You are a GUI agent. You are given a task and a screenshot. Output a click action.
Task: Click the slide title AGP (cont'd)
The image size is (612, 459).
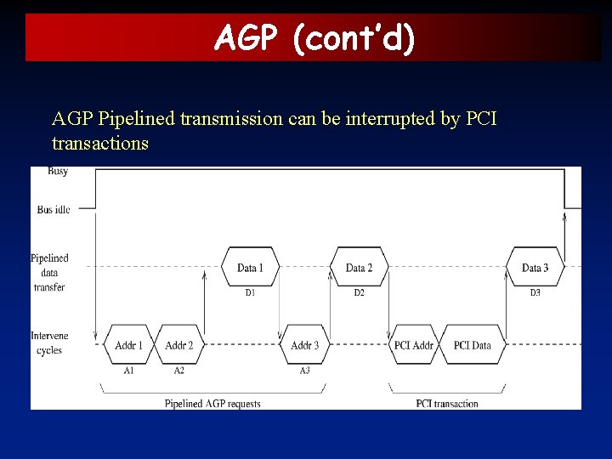click(x=314, y=38)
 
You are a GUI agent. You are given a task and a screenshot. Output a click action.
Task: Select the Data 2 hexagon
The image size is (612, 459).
click(x=359, y=268)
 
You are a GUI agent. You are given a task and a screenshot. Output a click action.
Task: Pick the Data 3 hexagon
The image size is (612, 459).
click(x=535, y=268)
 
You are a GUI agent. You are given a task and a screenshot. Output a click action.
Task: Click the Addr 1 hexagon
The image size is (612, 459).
click(x=129, y=345)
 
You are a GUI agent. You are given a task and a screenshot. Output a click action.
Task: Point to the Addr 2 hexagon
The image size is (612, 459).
click(x=179, y=345)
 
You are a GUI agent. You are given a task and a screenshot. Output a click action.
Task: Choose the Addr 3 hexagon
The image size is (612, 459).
click(x=304, y=345)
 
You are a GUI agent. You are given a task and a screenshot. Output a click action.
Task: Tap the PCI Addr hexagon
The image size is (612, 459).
click(x=414, y=345)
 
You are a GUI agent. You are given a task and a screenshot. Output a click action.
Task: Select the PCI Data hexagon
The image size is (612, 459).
click(x=472, y=345)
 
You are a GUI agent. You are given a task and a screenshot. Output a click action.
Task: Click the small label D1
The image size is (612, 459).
click(x=250, y=293)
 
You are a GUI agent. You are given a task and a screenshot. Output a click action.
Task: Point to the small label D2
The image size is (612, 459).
click(x=360, y=293)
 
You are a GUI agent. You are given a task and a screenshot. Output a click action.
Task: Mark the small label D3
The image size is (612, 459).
click(x=535, y=293)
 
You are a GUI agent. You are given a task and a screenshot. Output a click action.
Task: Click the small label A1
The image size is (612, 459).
click(x=128, y=371)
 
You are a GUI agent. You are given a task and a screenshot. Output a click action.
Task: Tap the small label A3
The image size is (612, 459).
click(x=303, y=371)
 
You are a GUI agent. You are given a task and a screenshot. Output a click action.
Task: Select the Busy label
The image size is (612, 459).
click(x=58, y=172)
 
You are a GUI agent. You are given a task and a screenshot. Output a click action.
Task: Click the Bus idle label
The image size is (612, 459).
click(x=54, y=210)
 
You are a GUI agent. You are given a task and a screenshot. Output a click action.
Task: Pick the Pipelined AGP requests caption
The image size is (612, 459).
click(x=212, y=403)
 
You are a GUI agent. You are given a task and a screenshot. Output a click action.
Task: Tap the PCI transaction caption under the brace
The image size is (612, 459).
click(x=447, y=403)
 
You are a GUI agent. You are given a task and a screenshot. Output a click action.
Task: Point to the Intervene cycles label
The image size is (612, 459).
click(x=49, y=343)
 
